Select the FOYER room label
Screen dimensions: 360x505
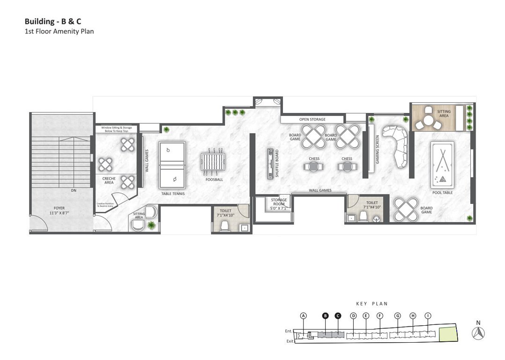[59, 210]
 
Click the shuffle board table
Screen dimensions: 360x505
[271, 164]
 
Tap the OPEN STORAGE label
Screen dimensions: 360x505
[312, 120]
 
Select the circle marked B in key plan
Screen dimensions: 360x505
[325, 316]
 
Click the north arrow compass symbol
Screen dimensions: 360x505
[478, 333]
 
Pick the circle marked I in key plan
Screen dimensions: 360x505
[428, 316]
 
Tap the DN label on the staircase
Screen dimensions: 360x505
[74, 191]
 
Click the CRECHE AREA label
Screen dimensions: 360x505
[109, 180]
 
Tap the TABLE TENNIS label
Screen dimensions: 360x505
[173, 193]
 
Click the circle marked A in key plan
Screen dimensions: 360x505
[304, 316]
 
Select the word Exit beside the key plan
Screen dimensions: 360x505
[290, 341]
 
